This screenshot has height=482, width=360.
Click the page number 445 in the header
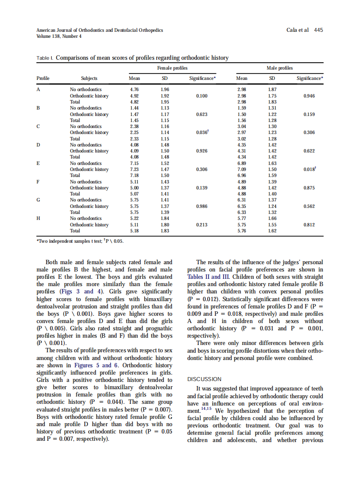[318, 30]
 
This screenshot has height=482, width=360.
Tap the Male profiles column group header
[280, 68]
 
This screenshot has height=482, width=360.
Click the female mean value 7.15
[134, 163]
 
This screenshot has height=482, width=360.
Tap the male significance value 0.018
[308, 169]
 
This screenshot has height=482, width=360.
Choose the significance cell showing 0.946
[309, 96]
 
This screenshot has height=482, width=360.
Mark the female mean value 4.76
[134, 89]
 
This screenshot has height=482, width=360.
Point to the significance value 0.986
[201, 207]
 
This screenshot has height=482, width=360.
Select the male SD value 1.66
[272, 219]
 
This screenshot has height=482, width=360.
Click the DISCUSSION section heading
[204, 379]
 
